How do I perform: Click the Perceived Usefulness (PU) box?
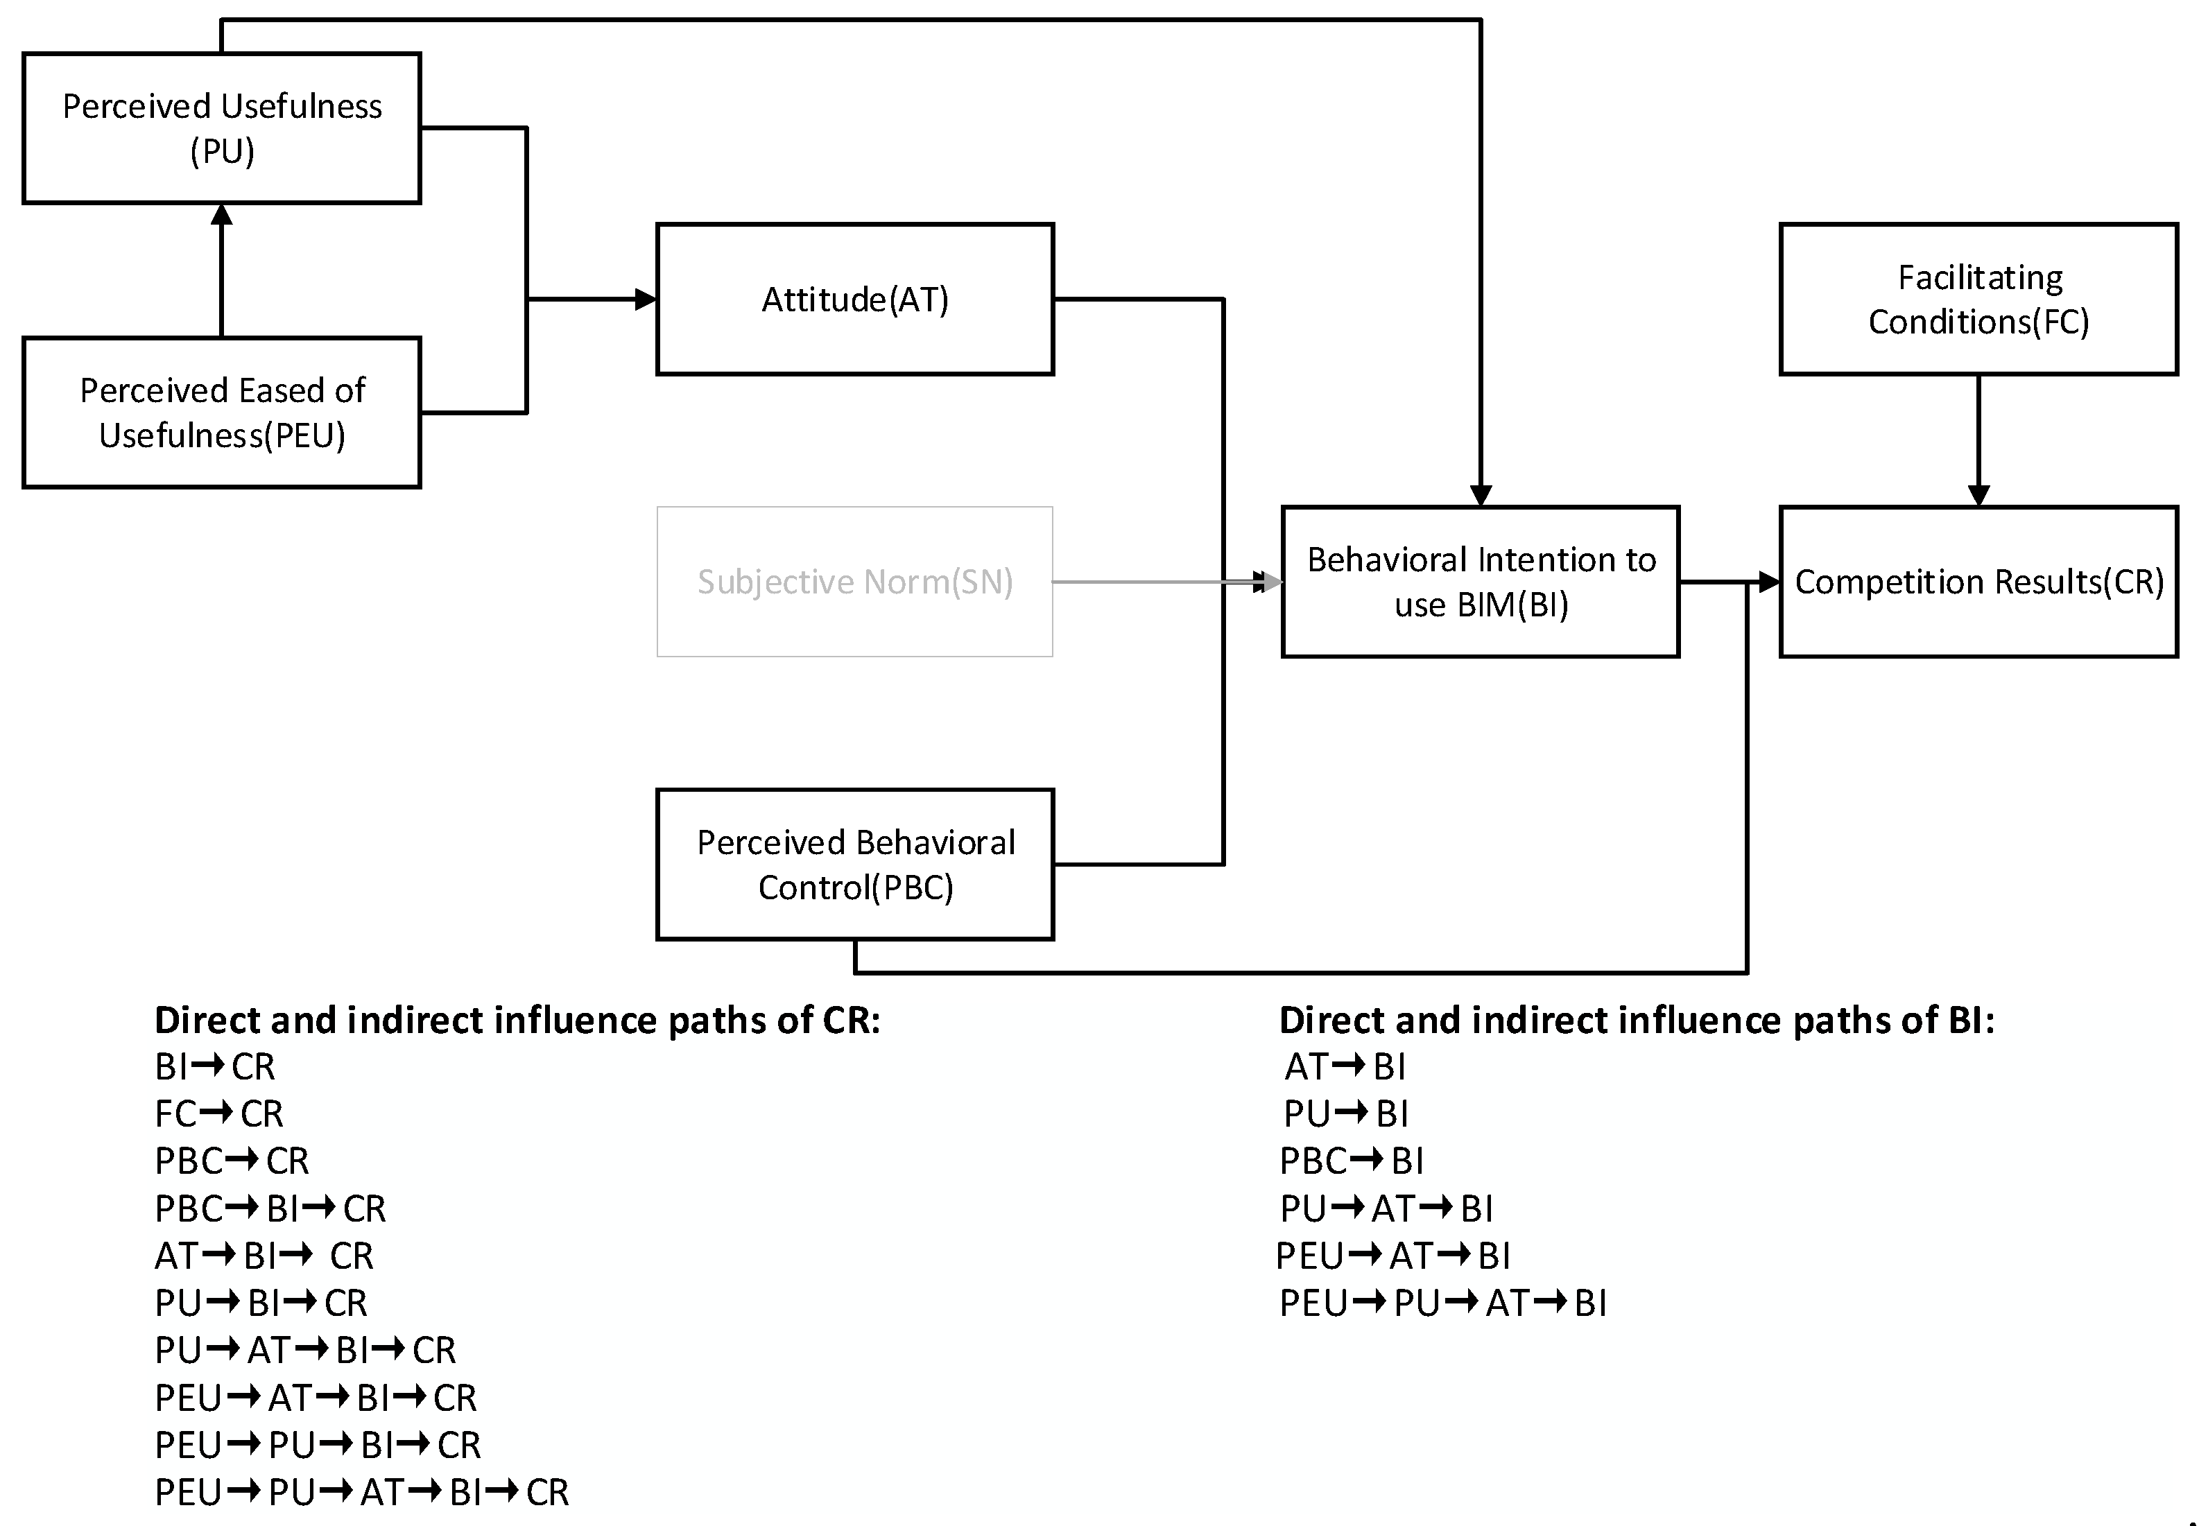[x=222, y=128]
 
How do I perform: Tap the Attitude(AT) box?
[x=855, y=300]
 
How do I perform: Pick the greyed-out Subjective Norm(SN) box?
[x=855, y=581]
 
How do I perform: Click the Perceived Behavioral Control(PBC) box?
[x=855, y=865]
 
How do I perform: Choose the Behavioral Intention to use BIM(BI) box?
[x=1480, y=581]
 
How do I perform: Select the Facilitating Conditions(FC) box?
[x=1978, y=300]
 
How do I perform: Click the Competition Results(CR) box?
[x=1978, y=581]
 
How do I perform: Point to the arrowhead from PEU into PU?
[x=222, y=215]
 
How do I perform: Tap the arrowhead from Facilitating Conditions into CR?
[x=1978, y=495]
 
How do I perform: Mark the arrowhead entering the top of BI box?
[x=1480, y=495]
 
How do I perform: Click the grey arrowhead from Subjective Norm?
[x=1269, y=581]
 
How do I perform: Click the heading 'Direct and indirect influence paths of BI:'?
[x=1637, y=1020]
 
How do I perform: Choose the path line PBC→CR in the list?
[x=232, y=1161]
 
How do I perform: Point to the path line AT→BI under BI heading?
[x=1344, y=1066]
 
